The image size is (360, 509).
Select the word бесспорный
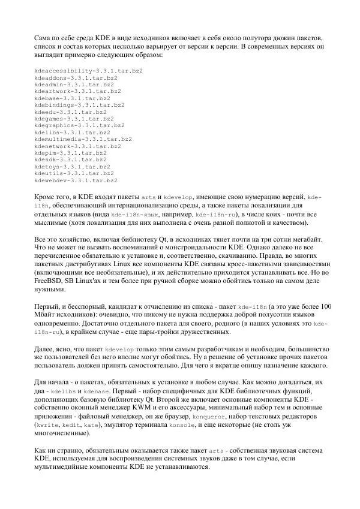tap(86, 306)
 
